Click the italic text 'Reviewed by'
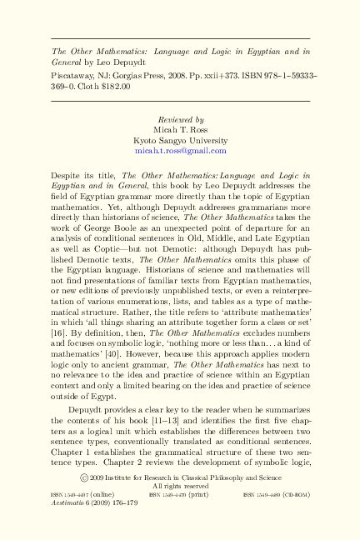(x=180, y=120)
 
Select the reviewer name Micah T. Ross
(x=180, y=130)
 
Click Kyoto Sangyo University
(x=180, y=141)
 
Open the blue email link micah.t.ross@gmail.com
(x=180, y=151)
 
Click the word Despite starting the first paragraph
(x=66, y=176)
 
